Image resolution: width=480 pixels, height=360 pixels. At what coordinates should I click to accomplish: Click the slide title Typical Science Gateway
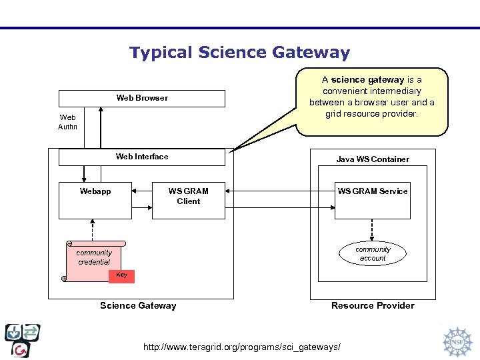tap(239, 53)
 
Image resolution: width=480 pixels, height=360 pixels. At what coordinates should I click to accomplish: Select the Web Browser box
tap(142, 98)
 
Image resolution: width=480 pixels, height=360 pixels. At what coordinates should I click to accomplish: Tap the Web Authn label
tap(67, 122)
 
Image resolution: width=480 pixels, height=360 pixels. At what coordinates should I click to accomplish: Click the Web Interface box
tap(142, 157)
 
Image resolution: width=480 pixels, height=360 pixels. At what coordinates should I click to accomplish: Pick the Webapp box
tap(95, 200)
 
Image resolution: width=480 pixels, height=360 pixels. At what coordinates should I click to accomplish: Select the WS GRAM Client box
tap(188, 200)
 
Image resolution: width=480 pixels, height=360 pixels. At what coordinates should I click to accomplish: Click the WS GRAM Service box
tap(372, 200)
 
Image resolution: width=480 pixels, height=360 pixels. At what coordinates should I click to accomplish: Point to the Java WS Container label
tap(373, 159)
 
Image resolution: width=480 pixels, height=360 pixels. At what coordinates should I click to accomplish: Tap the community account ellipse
tap(373, 253)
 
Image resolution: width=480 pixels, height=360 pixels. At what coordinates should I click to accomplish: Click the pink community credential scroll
tap(94, 258)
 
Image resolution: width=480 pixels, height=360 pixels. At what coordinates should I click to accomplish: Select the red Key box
tap(121, 275)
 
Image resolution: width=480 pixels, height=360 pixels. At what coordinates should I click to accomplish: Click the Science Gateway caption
tap(138, 305)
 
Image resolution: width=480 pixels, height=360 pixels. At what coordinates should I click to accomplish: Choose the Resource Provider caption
tap(373, 305)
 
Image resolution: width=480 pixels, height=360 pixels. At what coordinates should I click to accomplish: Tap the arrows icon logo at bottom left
tap(22, 340)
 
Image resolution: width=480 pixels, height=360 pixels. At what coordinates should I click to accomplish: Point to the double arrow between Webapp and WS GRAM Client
tap(142, 191)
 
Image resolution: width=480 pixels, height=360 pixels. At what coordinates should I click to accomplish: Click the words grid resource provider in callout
tap(371, 113)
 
